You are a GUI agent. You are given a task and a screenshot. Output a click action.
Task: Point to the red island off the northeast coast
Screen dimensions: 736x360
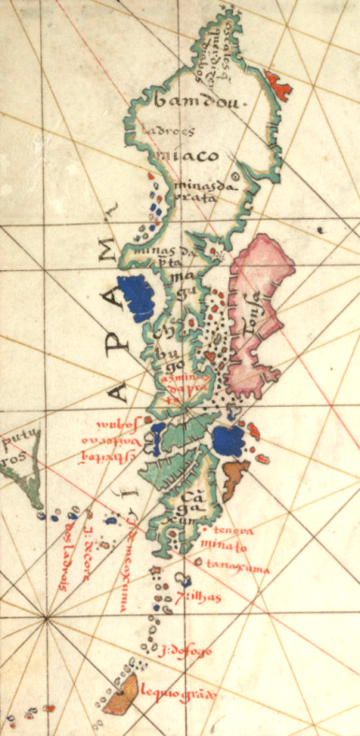[x=279, y=85]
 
